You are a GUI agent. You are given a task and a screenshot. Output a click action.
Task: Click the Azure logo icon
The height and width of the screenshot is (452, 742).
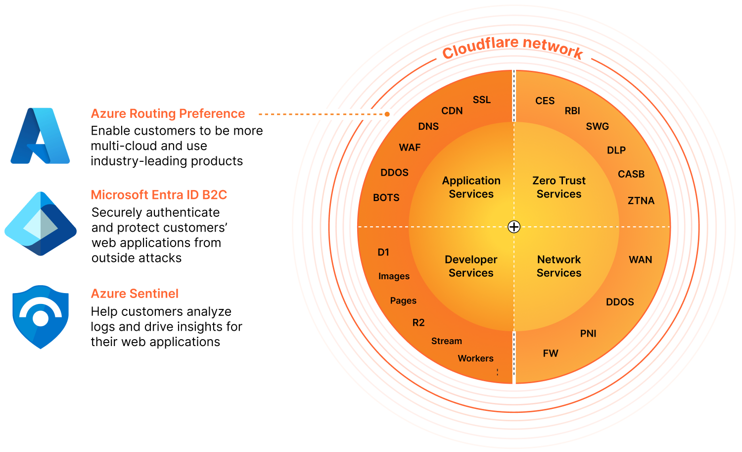click(x=40, y=136)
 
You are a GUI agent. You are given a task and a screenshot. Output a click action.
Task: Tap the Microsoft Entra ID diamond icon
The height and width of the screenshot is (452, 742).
click(x=41, y=224)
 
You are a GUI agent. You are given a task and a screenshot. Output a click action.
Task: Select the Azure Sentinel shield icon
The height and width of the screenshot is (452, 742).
click(x=41, y=317)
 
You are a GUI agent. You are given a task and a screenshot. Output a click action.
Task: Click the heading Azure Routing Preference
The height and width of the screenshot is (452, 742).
click(x=168, y=114)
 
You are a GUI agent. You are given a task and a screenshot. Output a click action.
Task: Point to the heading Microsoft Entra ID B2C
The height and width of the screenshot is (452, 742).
click(x=159, y=195)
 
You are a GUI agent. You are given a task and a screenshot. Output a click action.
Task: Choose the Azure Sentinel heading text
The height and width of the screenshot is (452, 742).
click(x=135, y=294)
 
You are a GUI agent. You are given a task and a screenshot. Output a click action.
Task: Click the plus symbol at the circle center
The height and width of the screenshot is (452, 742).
click(x=514, y=227)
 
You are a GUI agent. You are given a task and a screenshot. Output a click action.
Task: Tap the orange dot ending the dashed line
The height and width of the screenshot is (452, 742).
click(x=387, y=114)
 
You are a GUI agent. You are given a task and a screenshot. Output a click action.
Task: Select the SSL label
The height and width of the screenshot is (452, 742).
click(x=481, y=100)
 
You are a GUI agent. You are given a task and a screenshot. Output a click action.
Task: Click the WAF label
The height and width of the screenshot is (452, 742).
click(x=410, y=148)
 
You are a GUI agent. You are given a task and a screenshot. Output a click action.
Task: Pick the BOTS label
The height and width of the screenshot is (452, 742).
click(x=386, y=198)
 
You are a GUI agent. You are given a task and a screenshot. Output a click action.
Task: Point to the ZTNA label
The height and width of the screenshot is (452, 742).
click(x=641, y=201)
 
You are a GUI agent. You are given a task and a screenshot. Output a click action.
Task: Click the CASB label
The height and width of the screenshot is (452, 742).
click(x=631, y=174)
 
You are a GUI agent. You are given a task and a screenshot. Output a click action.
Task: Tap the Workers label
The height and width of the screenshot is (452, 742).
click(x=475, y=358)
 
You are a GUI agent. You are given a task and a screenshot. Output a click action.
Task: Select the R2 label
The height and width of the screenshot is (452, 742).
click(x=418, y=323)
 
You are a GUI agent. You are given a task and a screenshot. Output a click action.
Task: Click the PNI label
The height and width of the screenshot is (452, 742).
click(x=588, y=334)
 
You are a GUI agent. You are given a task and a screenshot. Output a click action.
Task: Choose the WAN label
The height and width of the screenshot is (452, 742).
click(x=640, y=260)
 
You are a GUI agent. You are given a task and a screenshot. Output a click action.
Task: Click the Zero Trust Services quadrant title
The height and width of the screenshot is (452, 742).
click(x=559, y=187)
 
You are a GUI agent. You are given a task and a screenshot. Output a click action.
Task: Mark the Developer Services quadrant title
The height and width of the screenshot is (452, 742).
click(x=471, y=266)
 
